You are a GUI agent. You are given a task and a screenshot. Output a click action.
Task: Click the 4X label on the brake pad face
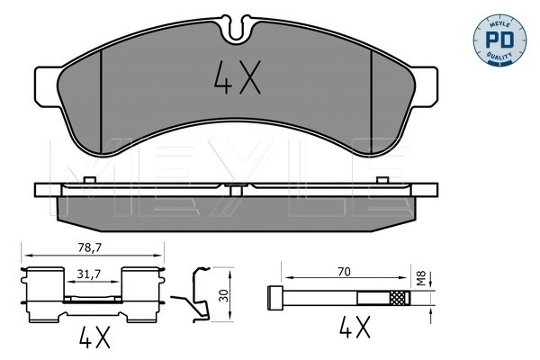237,80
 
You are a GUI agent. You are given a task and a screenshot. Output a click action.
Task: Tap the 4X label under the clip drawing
93,339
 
